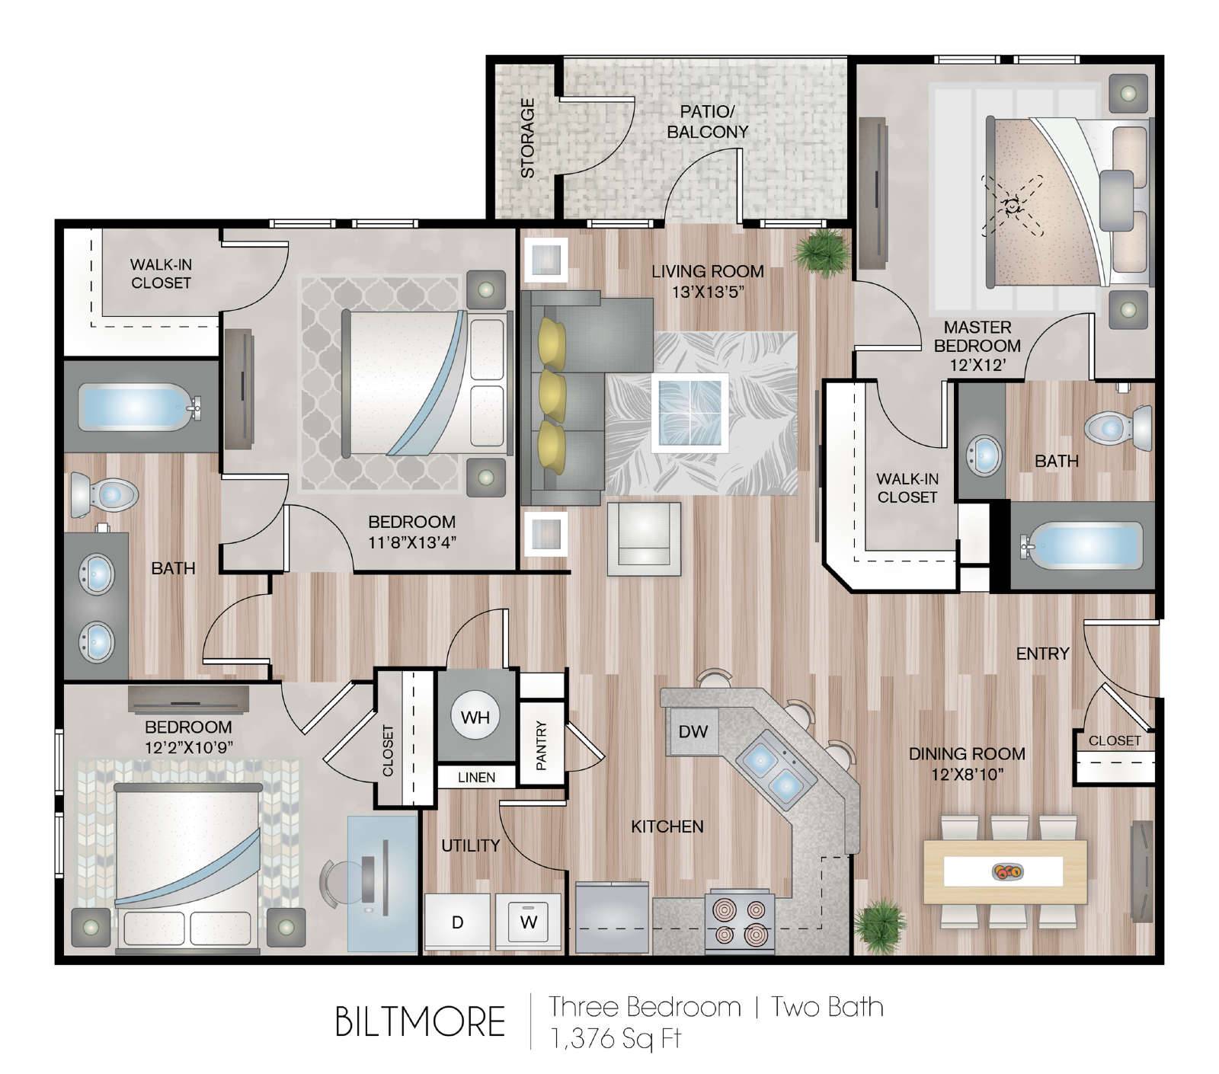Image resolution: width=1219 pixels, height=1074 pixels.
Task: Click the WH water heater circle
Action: click(x=475, y=717)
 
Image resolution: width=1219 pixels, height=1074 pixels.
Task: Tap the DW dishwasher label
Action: click(x=693, y=732)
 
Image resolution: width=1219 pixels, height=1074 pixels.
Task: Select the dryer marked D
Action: click(x=457, y=922)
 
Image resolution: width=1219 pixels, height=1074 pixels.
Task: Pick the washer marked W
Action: click(x=528, y=922)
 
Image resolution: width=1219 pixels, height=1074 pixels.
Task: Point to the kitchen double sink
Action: click(x=773, y=770)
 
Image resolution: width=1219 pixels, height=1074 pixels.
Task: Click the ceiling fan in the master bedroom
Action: click(x=1012, y=206)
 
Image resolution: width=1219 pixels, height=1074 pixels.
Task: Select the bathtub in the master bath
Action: click(x=1082, y=545)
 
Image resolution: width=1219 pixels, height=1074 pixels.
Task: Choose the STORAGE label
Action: click(x=527, y=138)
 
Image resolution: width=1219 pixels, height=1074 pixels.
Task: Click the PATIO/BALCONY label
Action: click(x=708, y=122)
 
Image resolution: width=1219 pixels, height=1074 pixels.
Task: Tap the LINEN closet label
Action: click(x=476, y=777)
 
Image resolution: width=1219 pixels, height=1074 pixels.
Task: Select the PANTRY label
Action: click(x=542, y=746)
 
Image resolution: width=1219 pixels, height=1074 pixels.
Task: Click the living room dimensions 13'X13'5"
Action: click(x=708, y=292)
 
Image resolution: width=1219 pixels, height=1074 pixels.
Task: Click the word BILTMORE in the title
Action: click(x=420, y=1021)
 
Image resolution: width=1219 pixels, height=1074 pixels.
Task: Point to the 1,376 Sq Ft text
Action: click(x=616, y=1039)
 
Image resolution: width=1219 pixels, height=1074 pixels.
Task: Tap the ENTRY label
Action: click(x=1042, y=654)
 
